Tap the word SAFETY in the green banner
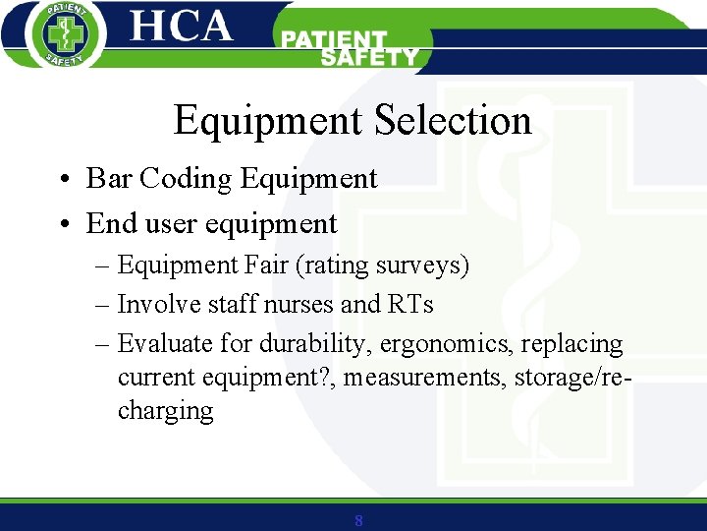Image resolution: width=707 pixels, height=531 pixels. tap(369, 58)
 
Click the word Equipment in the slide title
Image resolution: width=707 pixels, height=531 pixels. tap(268, 121)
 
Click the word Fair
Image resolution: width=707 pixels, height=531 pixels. tap(269, 265)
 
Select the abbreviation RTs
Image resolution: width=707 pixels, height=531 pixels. tap(410, 305)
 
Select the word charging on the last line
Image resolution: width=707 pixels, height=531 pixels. tap(165, 410)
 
